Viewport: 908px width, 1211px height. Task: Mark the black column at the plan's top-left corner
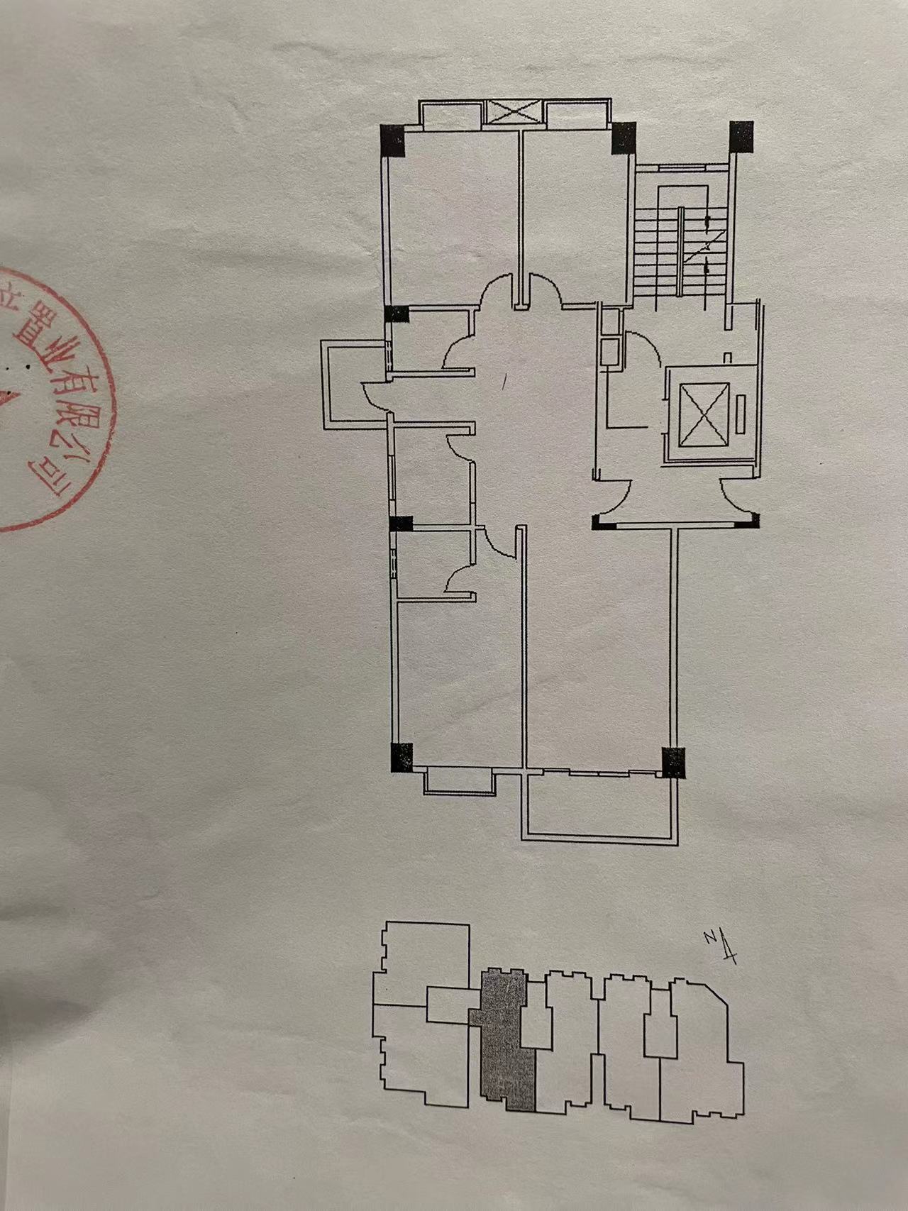392,140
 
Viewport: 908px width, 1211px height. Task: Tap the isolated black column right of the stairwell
741,136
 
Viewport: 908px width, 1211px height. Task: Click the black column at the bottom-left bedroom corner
402,756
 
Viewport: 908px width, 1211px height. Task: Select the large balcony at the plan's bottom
599,805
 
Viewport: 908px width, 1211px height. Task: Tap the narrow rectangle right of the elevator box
741,414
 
